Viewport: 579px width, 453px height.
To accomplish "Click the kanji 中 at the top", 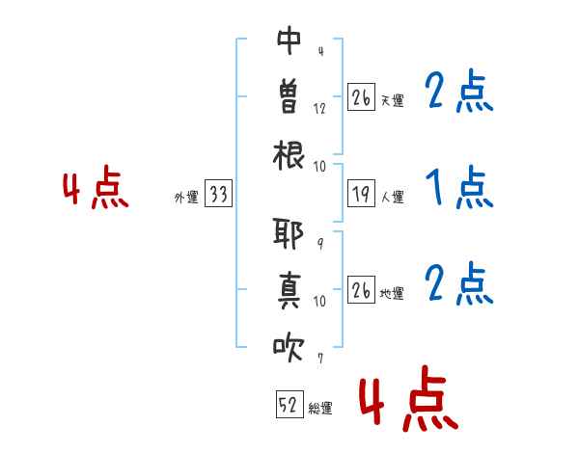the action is point(289,40).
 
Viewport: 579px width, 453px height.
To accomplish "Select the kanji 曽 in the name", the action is point(289,97).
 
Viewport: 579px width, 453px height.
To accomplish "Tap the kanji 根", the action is point(289,155).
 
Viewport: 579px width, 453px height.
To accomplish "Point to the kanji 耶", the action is point(288,233).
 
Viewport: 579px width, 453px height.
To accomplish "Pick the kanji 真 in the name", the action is point(289,291).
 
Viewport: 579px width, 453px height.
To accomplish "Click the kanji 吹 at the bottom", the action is point(289,347).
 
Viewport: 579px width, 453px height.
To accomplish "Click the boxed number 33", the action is point(218,193).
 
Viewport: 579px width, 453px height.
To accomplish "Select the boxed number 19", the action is point(361,193).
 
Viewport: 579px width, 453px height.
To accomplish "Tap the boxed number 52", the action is point(289,404).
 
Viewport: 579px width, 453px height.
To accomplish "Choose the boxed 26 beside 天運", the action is point(361,96).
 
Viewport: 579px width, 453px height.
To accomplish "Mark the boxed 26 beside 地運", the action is point(361,289).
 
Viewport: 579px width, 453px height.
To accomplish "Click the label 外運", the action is point(186,197).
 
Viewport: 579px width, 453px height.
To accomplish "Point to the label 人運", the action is point(392,197).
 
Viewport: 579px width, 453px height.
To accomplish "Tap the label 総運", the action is point(320,409).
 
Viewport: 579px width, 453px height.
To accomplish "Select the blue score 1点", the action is point(459,187).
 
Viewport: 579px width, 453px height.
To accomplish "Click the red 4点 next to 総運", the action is point(408,398).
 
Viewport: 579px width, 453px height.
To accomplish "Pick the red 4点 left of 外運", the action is point(96,187).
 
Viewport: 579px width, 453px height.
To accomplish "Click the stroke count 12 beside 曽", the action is point(319,109).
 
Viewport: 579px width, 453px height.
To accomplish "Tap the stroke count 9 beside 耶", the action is point(320,244).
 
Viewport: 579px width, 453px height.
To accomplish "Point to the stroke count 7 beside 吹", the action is point(320,358).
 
